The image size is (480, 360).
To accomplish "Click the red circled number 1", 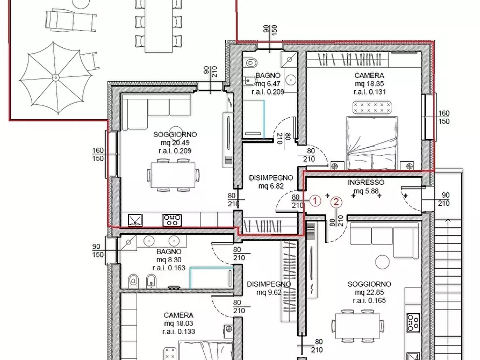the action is pyautogui.click(x=316, y=201).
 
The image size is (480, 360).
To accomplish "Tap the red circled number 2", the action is pyautogui.click(x=336, y=202).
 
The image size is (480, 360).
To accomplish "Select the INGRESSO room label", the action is pyautogui.click(x=366, y=183).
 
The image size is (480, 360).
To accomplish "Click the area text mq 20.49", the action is pyautogui.click(x=175, y=142).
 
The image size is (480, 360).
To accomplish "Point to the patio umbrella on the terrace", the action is pyautogui.click(x=55, y=78).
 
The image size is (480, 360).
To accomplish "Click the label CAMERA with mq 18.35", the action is pyautogui.click(x=369, y=75).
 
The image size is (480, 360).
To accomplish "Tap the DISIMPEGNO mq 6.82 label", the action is pyautogui.click(x=271, y=182).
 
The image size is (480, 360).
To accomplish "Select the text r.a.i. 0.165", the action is pyautogui.click(x=369, y=300).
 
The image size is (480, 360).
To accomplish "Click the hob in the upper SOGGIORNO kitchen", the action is pyautogui.click(x=173, y=220).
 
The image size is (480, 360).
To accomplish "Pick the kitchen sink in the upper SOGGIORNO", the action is pyautogui.click(x=135, y=220).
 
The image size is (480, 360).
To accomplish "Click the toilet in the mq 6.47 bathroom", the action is pyautogui.click(x=250, y=62).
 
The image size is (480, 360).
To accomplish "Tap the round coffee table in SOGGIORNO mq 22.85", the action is pyautogui.click(x=382, y=262).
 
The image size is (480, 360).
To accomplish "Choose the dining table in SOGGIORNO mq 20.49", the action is pyautogui.click(x=173, y=175).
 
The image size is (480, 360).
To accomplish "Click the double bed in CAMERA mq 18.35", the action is pyautogui.click(x=371, y=143).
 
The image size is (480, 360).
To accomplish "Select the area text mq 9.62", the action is pyautogui.click(x=269, y=292).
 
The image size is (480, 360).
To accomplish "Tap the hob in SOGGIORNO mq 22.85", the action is pyautogui.click(x=413, y=322).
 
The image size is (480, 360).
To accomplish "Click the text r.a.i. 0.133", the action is pyautogui.click(x=179, y=332).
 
